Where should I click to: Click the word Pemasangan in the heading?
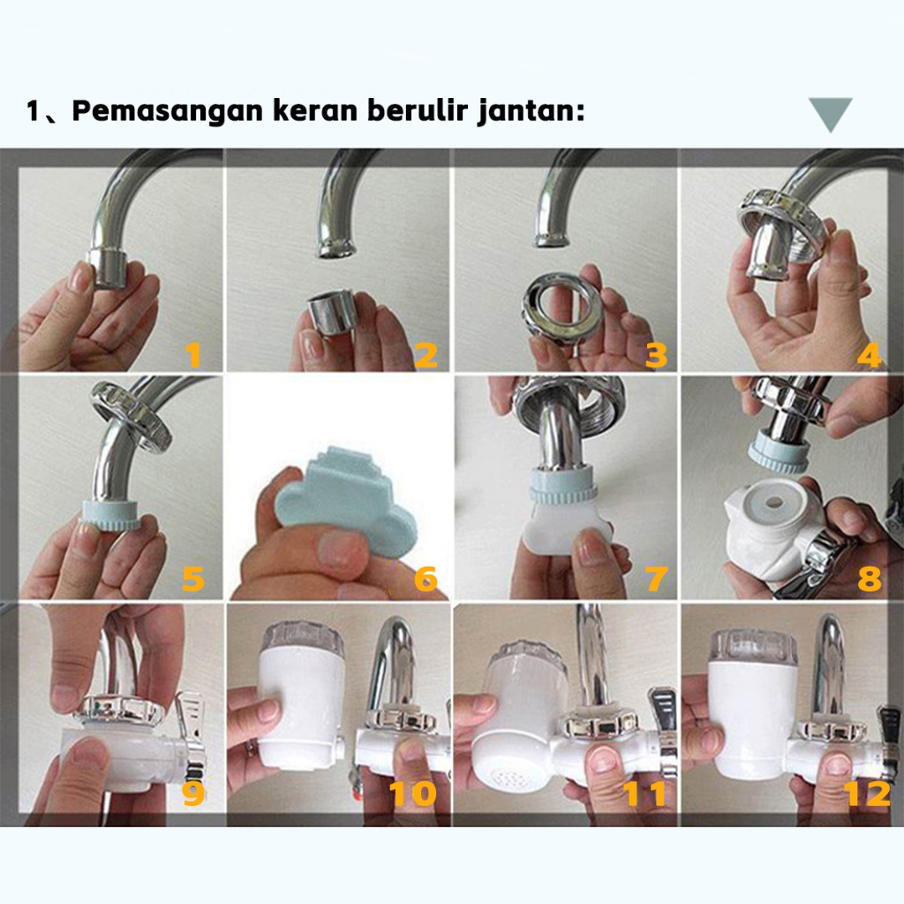[167, 109]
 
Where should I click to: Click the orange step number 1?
[193, 355]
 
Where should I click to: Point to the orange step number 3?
[656, 355]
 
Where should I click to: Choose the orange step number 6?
[426, 578]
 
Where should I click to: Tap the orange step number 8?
[870, 578]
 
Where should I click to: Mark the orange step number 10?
[413, 794]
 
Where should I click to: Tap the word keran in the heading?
[316, 109]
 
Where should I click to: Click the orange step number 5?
[193, 578]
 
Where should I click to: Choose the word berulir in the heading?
[418, 109]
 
